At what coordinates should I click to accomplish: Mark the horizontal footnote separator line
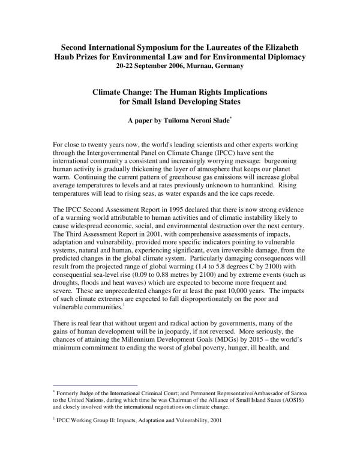[x=95, y=385]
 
